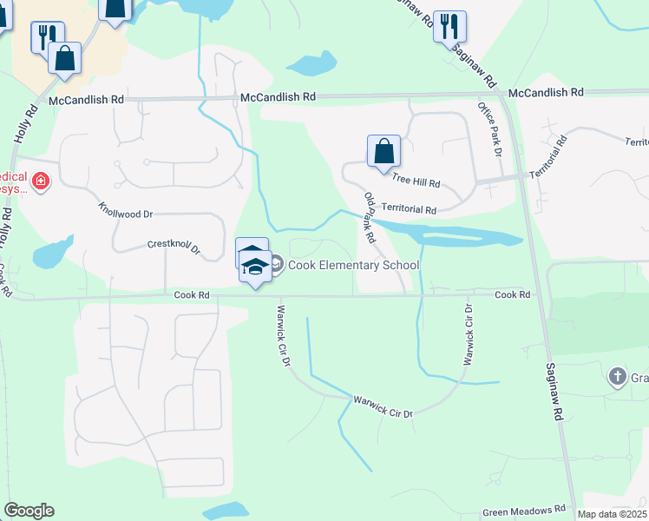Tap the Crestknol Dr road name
click(x=174, y=247)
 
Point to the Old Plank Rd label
click(x=370, y=217)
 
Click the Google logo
click(x=29, y=511)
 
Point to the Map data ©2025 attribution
click(x=613, y=514)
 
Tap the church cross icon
click(x=617, y=376)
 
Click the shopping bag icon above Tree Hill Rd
click(x=383, y=151)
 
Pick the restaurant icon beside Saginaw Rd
click(x=449, y=26)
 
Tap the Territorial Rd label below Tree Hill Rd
click(x=409, y=209)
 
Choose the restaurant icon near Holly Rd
click(x=46, y=36)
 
